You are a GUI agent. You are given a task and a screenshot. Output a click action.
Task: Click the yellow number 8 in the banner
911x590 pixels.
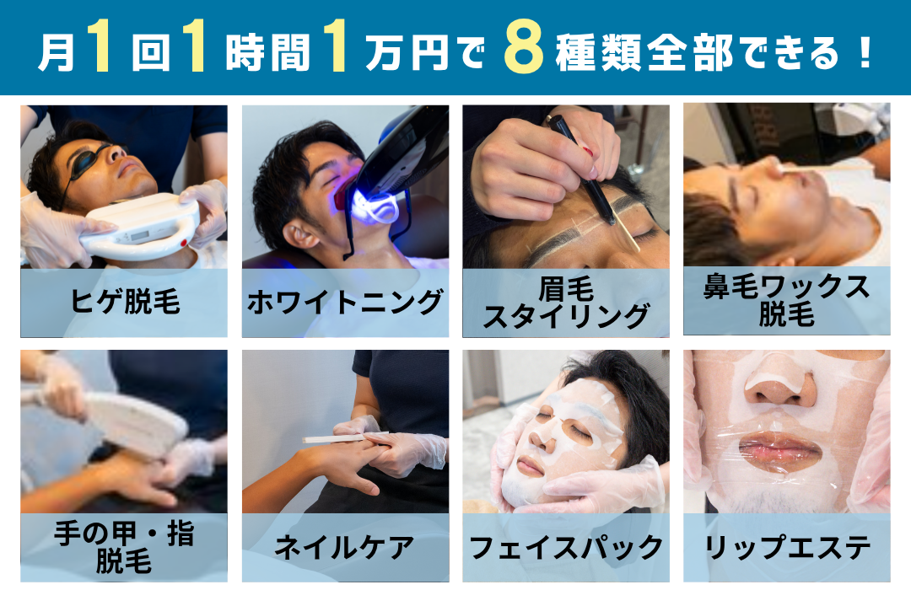[524, 47]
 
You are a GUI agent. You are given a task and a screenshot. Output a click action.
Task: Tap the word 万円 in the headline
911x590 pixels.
[407, 52]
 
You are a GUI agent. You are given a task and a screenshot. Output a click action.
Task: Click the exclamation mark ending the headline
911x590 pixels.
[865, 52]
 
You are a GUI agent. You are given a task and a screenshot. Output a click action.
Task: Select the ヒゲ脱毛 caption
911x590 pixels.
[125, 302]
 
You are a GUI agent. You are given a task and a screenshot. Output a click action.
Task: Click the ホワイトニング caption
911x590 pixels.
[345, 302]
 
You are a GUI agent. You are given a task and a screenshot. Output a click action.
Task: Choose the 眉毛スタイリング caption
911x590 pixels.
[566, 303]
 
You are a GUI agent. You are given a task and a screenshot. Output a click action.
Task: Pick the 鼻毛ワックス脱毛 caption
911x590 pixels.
[787, 301]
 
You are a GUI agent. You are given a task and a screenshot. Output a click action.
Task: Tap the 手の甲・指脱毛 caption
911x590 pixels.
[124, 547]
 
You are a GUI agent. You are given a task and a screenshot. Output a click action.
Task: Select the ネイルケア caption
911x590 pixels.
[344, 547]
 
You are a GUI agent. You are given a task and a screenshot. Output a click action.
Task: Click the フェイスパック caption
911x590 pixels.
[566, 547]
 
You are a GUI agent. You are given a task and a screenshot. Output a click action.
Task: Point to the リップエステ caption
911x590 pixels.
[787, 547]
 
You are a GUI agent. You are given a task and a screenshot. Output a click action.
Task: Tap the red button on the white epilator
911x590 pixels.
[184, 243]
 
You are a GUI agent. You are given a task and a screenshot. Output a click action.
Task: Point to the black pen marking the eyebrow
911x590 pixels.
[581, 169]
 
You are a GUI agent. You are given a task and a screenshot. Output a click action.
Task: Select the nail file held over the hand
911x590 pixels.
[345, 437]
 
